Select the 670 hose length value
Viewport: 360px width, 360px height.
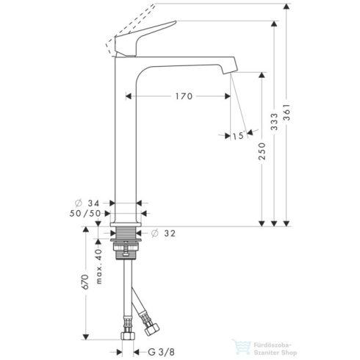85,282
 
